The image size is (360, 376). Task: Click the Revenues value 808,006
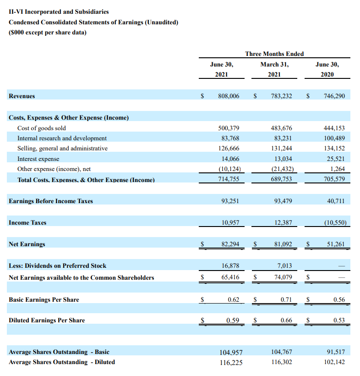(x=229, y=96)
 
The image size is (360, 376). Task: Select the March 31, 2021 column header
(x=274, y=69)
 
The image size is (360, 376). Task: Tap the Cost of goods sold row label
(x=42, y=128)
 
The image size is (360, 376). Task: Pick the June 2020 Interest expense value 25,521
(x=334, y=159)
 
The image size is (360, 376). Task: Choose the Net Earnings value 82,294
(x=229, y=244)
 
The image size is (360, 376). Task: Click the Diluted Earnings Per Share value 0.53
(x=339, y=321)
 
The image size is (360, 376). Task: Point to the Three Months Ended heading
(x=274, y=54)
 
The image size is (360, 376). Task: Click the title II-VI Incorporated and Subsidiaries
(x=59, y=11)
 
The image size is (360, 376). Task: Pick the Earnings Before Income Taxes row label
(x=51, y=201)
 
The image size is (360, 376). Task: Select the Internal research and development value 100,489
(x=334, y=138)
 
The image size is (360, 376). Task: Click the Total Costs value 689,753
(x=281, y=180)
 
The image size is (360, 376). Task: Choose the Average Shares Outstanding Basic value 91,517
(x=336, y=352)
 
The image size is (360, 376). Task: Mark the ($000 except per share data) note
(x=48, y=33)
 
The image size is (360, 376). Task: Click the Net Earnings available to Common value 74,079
(x=281, y=277)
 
